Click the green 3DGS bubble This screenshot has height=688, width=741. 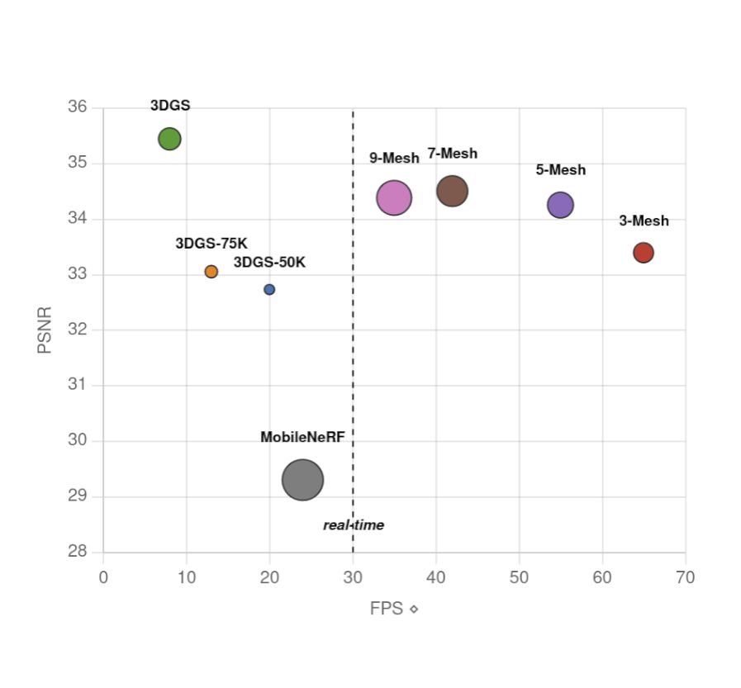tap(169, 139)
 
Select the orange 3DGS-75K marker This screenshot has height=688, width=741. tap(211, 272)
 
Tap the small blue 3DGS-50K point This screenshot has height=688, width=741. tap(269, 289)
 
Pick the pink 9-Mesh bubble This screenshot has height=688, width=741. tap(394, 197)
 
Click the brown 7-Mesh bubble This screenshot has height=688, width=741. tap(452, 191)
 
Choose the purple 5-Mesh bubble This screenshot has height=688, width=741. tap(560, 205)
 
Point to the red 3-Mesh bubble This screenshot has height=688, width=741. tap(644, 253)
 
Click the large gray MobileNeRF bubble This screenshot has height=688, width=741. tap(302, 480)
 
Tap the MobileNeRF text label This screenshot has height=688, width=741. tap(302, 438)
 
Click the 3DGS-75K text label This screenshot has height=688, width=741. tap(211, 244)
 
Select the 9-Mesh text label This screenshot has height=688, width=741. tap(394, 158)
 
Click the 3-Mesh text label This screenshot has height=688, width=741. tap(644, 221)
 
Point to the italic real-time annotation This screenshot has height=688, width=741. tap(354, 525)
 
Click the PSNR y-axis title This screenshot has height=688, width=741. tap(45, 330)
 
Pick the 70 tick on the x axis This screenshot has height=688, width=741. tap(685, 577)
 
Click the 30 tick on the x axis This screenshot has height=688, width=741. tap(353, 577)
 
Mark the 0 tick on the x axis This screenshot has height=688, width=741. tap(103, 577)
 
